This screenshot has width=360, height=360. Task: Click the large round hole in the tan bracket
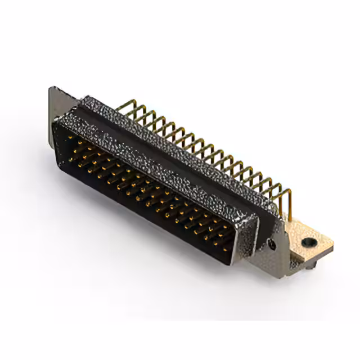308,243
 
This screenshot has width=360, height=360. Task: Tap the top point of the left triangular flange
52,88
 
